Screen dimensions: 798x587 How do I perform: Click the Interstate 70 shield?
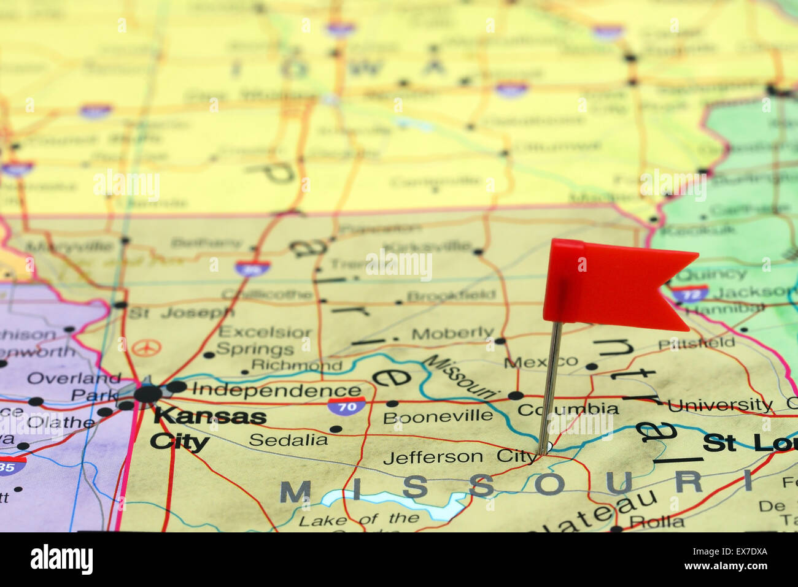[x=346, y=405]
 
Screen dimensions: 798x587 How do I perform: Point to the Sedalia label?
[x=288, y=440]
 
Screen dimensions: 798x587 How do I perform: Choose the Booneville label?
[x=438, y=416]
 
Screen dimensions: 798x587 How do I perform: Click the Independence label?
[x=276, y=389]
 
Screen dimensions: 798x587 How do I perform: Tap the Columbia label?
[x=568, y=409]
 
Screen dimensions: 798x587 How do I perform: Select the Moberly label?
[x=452, y=334]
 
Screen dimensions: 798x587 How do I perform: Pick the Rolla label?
[x=657, y=522]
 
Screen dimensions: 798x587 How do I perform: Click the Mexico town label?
[x=540, y=362]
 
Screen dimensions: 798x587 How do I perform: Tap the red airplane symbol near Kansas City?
[x=145, y=348]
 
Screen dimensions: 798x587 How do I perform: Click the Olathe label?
[x=60, y=422]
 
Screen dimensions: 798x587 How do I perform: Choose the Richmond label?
[x=296, y=366]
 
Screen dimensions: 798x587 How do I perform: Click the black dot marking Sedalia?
[x=336, y=429]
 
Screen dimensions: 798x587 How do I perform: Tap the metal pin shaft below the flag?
[x=550, y=386]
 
